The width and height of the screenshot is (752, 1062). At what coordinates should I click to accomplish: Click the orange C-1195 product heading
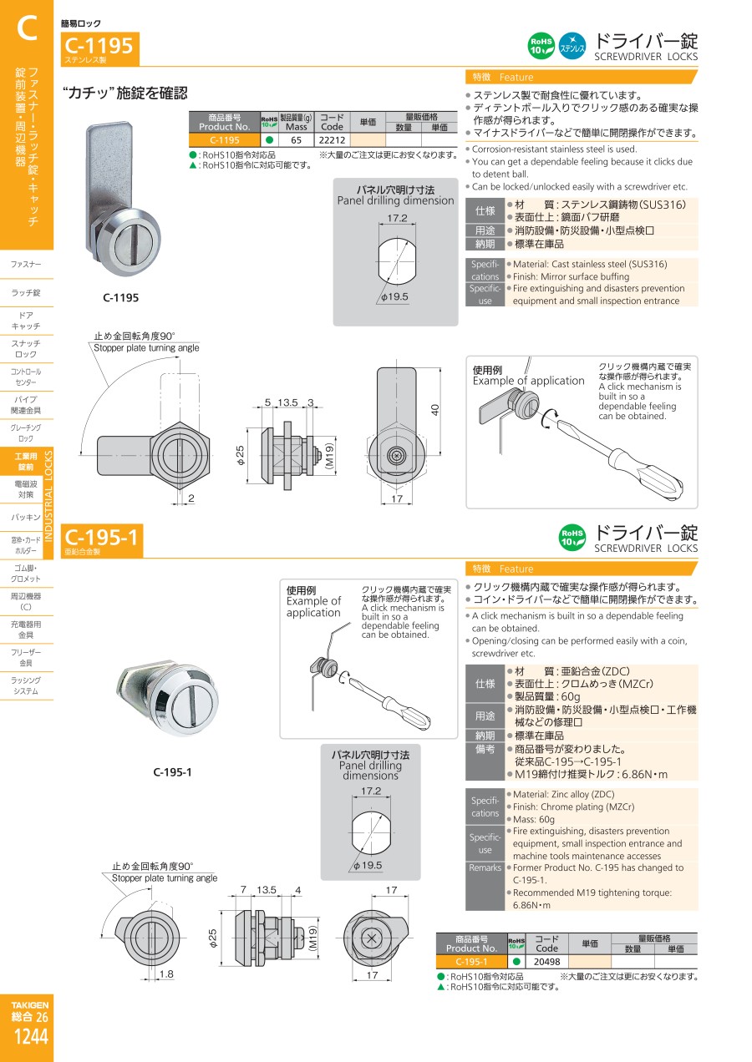pos(99,46)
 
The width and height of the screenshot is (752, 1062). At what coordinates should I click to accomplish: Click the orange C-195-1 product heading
pos(102,537)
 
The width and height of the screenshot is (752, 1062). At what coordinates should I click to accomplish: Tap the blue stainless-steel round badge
pos(572,46)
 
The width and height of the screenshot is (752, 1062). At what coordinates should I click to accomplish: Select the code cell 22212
pos(332,140)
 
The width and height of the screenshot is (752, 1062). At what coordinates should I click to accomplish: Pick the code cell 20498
pos(546,962)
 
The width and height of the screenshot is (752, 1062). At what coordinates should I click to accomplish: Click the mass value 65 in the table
pos(296,140)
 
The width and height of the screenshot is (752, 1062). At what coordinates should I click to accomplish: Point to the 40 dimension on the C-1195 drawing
pos(435,410)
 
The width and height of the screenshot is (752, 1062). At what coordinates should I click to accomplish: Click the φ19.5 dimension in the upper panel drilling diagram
pos(394,296)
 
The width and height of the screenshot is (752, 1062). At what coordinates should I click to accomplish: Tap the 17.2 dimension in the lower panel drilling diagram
pos(371,791)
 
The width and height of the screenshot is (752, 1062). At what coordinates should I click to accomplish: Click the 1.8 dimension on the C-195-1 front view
pos(166,974)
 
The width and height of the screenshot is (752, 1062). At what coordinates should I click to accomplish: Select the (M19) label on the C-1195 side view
pos(329,455)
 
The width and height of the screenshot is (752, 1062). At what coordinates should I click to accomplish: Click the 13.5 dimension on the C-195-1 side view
pos(267,890)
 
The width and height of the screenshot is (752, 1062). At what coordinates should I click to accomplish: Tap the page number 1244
pos(31,1037)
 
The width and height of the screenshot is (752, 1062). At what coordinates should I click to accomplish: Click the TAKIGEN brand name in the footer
pos(30,1005)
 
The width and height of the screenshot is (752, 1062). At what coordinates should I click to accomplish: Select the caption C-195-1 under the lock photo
pos(172,772)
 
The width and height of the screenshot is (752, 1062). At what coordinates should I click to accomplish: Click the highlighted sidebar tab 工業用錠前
pos(27,462)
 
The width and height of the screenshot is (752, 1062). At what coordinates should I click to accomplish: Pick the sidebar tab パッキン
pos(26,518)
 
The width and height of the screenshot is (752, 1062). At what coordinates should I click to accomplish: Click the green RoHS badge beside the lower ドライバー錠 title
pos(572,538)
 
